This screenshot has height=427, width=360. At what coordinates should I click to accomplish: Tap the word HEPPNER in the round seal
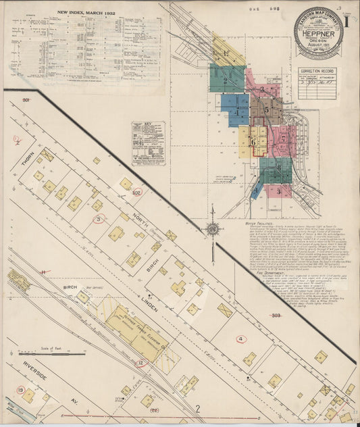click(319, 31)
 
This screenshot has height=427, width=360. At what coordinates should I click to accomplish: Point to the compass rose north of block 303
click(213, 230)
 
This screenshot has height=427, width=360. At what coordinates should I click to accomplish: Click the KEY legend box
click(147, 143)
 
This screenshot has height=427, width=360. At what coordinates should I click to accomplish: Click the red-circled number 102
click(136, 193)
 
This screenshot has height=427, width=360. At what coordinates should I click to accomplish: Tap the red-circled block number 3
click(99, 219)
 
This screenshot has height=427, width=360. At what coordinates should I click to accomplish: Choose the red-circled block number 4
click(240, 338)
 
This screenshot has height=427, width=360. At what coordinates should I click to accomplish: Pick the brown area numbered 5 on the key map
click(267, 109)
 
